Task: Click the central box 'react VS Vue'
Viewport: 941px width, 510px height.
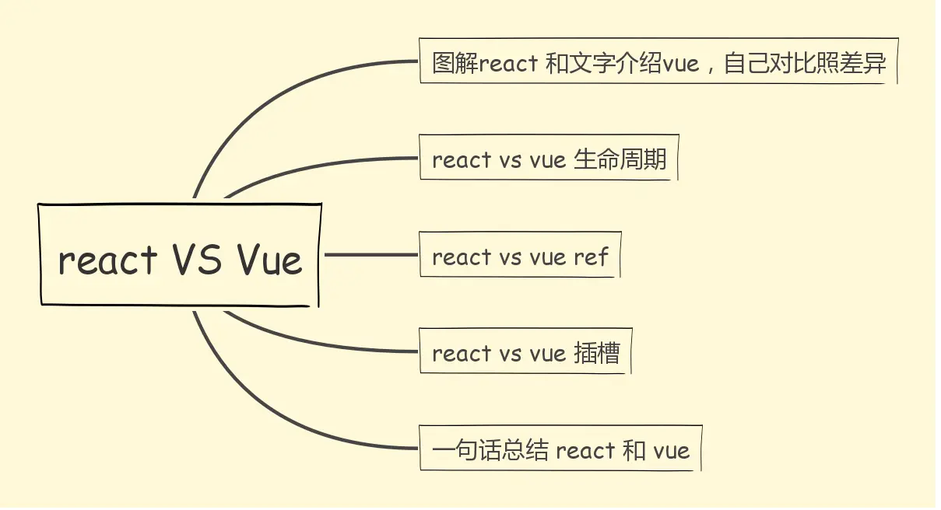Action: click(179, 254)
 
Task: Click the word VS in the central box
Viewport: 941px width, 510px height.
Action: click(198, 259)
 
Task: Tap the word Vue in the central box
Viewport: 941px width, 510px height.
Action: click(269, 259)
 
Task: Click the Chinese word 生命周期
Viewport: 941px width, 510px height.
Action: click(620, 159)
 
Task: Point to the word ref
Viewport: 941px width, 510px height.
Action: click(591, 257)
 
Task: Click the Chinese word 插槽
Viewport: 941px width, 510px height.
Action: click(597, 353)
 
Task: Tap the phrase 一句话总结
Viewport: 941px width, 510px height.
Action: click(490, 450)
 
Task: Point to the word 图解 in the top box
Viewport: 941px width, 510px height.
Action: click(455, 63)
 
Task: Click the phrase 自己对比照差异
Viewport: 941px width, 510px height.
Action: click(805, 63)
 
